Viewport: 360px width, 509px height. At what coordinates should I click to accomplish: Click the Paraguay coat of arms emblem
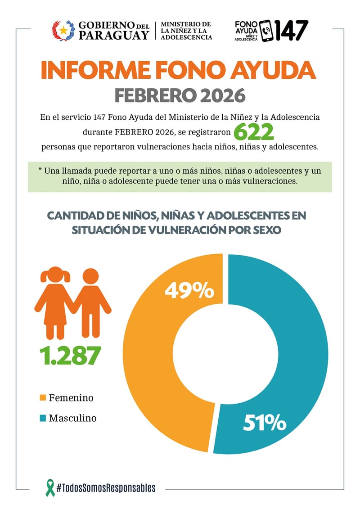(63, 31)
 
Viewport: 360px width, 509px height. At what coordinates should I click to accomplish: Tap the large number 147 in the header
(291, 31)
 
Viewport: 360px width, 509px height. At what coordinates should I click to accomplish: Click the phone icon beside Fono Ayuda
(266, 31)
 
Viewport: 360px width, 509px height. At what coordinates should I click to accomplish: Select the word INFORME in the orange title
(95, 71)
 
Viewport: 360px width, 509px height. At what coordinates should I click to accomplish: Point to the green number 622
(254, 132)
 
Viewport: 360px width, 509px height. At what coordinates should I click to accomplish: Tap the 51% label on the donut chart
(265, 423)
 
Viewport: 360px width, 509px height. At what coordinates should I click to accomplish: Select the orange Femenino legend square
(42, 398)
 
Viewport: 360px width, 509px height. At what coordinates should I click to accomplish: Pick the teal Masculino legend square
(42, 418)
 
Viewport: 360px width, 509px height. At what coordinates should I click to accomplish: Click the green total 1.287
(70, 356)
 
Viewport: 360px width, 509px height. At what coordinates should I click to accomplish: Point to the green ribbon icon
(50, 487)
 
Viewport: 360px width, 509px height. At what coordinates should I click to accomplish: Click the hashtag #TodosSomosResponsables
(106, 487)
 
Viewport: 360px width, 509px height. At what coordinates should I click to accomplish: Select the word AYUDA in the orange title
(273, 71)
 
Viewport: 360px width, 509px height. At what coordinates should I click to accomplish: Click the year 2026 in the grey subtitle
(223, 96)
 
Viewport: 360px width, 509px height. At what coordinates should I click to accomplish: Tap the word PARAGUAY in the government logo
(113, 35)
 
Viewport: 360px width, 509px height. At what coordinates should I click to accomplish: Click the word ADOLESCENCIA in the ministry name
(186, 37)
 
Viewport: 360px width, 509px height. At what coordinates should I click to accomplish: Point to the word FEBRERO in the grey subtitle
(156, 96)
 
